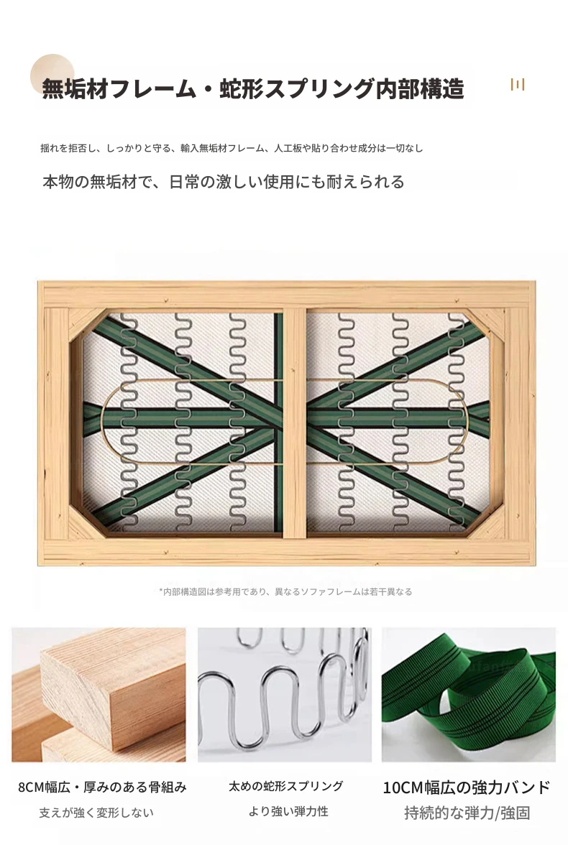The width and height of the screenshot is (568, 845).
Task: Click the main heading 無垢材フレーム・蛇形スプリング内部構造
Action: pos(253,89)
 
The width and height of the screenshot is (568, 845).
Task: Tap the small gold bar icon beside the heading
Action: pos(517,85)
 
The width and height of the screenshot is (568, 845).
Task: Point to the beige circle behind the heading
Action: pos(52,75)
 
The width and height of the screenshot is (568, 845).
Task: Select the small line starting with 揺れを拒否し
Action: pos(232,148)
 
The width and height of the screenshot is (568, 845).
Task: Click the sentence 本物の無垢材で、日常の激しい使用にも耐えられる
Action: pos(224,183)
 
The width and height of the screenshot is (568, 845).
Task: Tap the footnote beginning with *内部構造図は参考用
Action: pos(285,592)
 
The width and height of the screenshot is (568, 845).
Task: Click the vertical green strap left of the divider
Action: pos(278,422)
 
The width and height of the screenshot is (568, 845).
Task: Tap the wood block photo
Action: pos(99,695)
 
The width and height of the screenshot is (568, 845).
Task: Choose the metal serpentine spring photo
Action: pos(285,695)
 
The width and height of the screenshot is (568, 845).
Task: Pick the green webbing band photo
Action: pos(469,695)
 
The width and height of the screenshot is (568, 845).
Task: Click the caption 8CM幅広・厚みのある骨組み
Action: pos(103,788)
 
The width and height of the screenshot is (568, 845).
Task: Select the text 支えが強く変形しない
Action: pos(96,813)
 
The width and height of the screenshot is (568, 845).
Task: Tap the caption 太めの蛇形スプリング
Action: pos(286,786)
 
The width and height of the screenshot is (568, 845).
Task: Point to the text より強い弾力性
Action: pos(288,811)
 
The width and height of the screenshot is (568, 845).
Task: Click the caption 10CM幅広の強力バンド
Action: pos(467,788)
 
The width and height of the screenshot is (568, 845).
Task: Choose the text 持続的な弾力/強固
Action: pos(467,813)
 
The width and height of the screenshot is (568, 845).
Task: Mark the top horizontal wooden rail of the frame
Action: pos(286,295)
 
